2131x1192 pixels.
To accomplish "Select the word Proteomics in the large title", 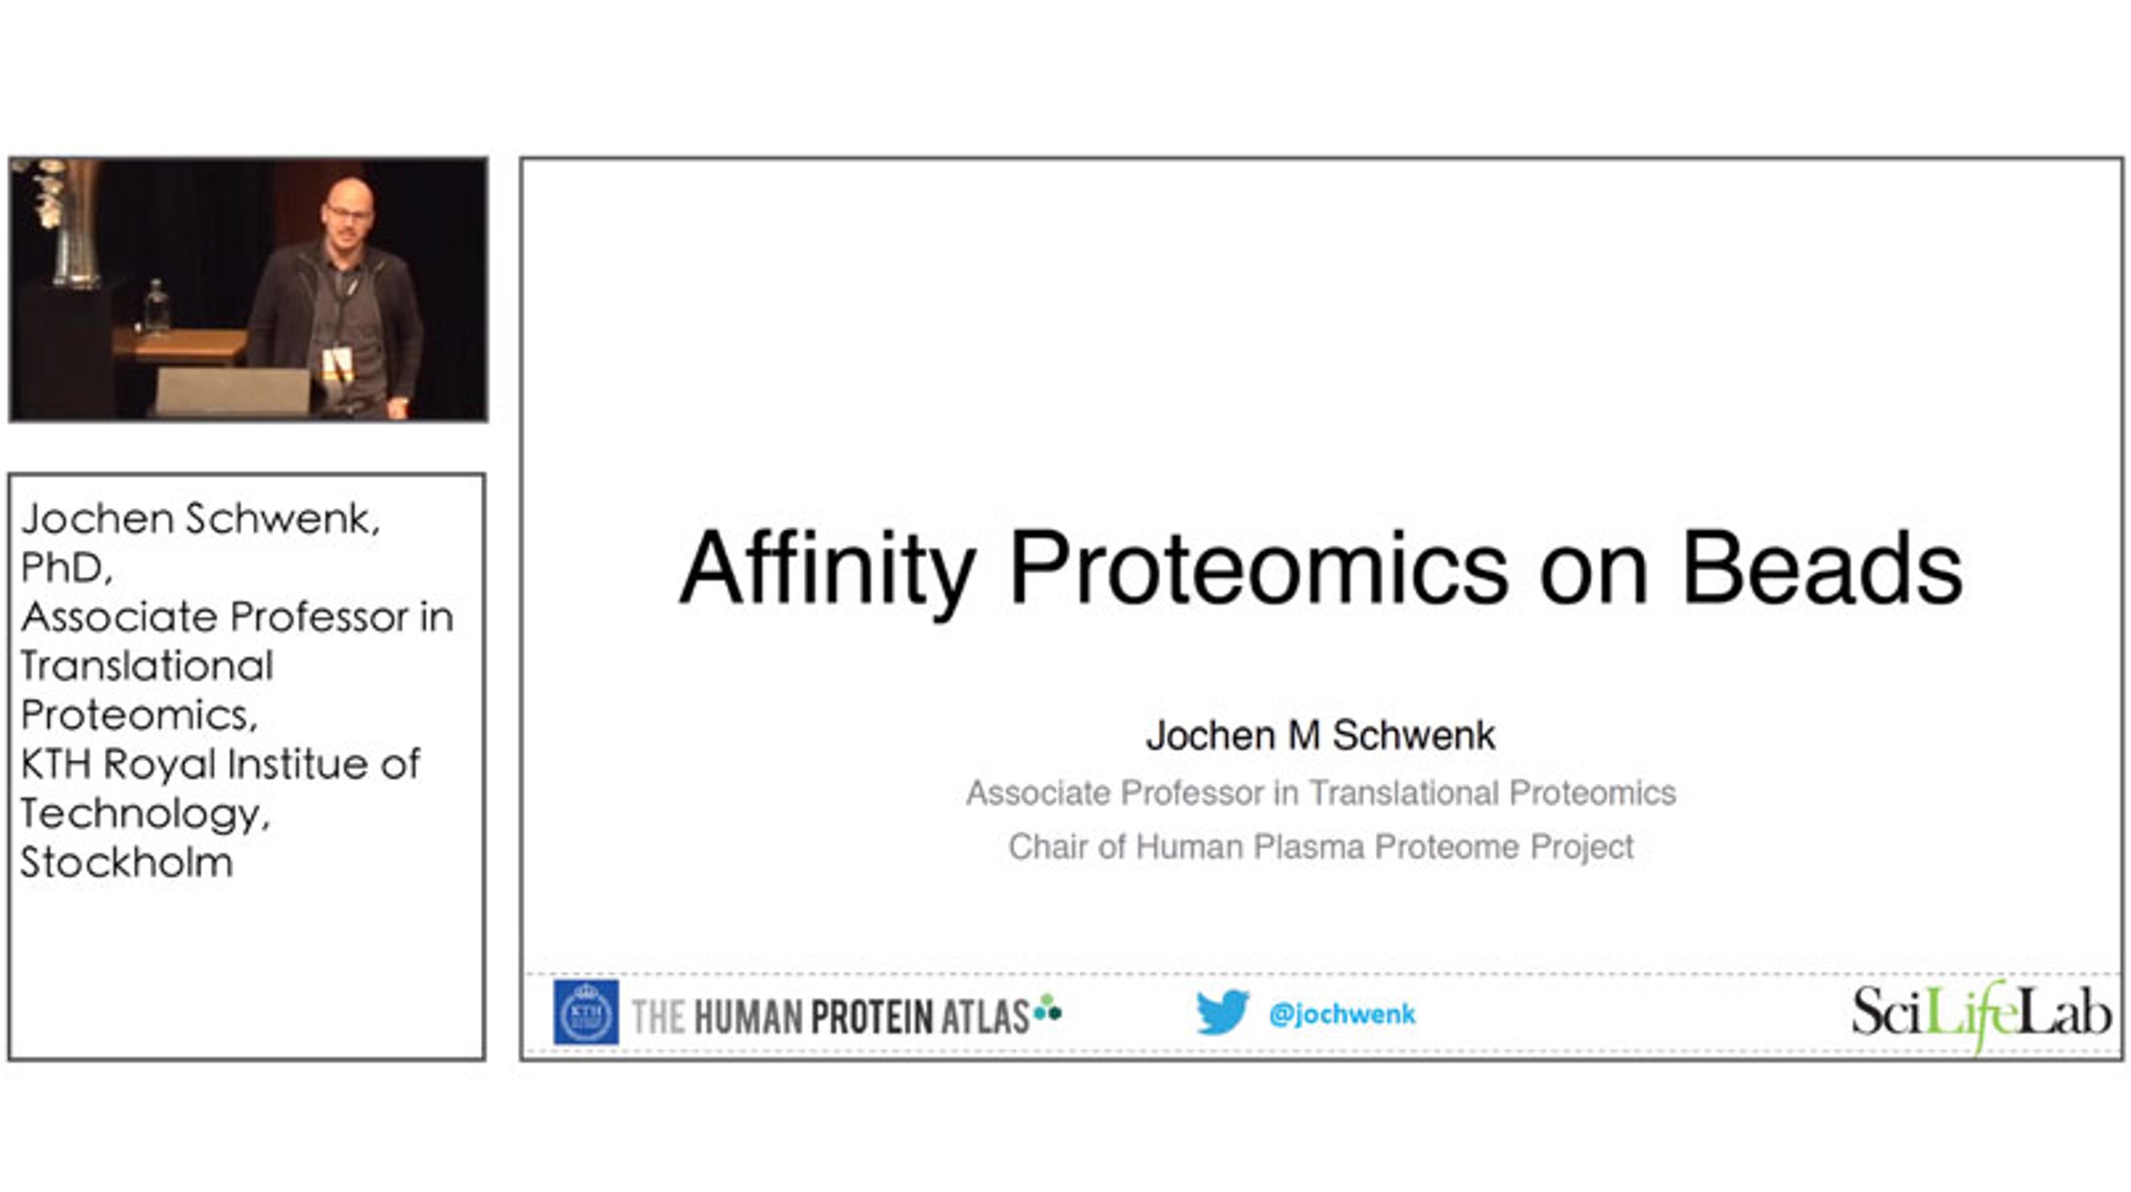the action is tap(1258, 570).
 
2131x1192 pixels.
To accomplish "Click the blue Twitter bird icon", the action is tap(1222, 1012).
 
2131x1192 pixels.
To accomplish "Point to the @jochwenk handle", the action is tap(1342, 1014).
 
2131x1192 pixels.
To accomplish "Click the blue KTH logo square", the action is tap(585, 1012).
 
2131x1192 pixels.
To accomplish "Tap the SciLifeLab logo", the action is tap(1981, 1014).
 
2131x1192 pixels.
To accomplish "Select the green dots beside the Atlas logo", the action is tap(1047, 1008).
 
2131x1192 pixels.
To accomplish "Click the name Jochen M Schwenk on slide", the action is tap(1320, 735).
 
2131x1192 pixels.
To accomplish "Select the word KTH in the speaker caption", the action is tap(55, 763).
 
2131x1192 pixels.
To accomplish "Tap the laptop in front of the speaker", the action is tap(233, 391).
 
